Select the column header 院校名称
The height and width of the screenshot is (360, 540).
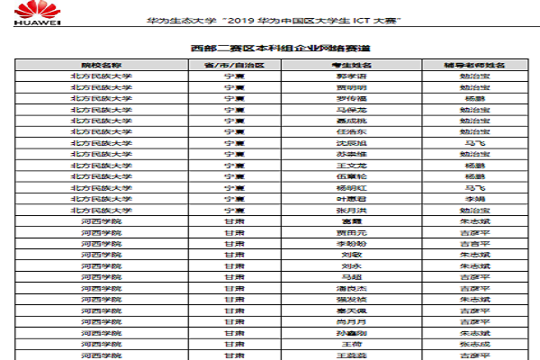coord(101,67)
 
